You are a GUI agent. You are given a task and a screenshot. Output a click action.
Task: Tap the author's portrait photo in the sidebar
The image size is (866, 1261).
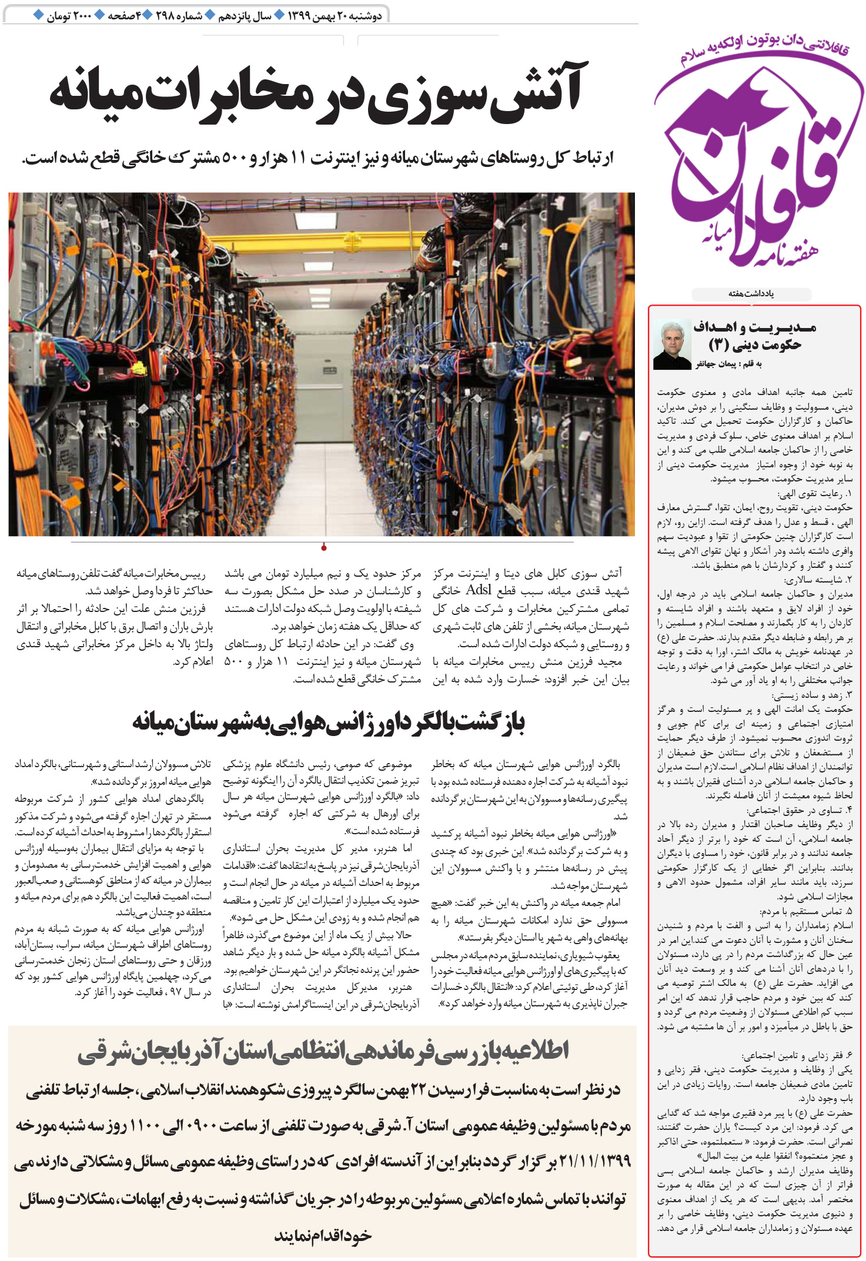pyautogui.click(x=672, y=345)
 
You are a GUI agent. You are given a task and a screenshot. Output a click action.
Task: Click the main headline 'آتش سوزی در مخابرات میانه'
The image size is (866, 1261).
pyautogui.click(x=318, y=94)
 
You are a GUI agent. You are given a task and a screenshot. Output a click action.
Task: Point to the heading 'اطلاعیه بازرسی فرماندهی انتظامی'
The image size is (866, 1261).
pyautogui.click(x=323, y=1052)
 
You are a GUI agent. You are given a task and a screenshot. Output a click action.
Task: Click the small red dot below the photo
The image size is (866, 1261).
pyautogui.click(x=323, y=548)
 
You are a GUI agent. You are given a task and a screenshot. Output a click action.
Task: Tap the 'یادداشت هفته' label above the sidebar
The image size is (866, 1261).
pyautogui.click(x=751, y=293)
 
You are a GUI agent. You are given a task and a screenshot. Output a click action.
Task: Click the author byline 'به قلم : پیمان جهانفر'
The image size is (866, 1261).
pyautogui.click(x=728, y=364)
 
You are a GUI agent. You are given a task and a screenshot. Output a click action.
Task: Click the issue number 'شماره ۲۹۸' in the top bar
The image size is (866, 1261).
pyautogui.click(x=179, y=16)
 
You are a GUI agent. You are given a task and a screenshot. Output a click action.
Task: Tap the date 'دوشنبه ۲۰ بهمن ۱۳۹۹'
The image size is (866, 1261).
pyautogui.click(x=335, y=16)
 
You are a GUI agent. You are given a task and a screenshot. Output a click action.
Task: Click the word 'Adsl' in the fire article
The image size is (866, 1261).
pyautogui.click(x=478, y=590)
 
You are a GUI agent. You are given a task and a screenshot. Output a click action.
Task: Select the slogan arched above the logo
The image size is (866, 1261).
pyautogui.click(x=764, y=51)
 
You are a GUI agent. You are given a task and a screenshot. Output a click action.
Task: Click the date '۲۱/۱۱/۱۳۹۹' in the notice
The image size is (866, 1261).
pyautogui.click(x=594, y=1161)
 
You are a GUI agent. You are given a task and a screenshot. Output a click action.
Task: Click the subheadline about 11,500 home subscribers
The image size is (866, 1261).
pyautogui.click(x=318, y=158)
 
